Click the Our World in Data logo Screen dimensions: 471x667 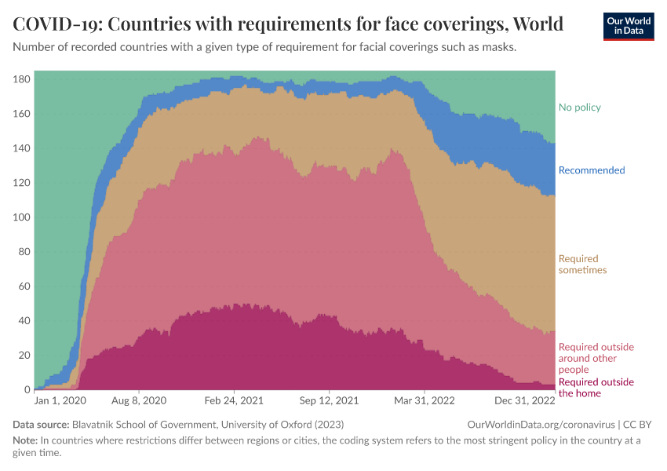(x=628, y=25)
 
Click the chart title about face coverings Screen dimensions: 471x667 (x=288, y=24)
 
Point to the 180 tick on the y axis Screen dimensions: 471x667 (x=21, y=79)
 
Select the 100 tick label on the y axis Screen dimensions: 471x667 (x=21, y=217)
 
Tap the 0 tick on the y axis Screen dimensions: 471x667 (x=27, y=390)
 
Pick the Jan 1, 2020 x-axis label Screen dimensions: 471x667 (x=60, y=400)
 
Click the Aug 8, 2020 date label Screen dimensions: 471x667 (x=139, y=400)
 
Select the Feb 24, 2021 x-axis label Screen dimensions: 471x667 (x=235, y=400)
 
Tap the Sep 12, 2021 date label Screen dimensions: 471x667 (x=330, y=400)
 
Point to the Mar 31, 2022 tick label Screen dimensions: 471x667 (x=425, y=400)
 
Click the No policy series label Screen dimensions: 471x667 (x=580, y=108)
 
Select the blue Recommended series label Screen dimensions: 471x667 (x=592, y=170)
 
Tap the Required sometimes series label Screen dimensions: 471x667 (x=582, y=265)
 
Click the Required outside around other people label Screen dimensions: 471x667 (x=596, y=358)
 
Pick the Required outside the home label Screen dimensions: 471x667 (x=596, y=388)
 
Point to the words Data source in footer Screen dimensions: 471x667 (x=41, y=425)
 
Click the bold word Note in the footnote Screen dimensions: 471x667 (x=25, y=440)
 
